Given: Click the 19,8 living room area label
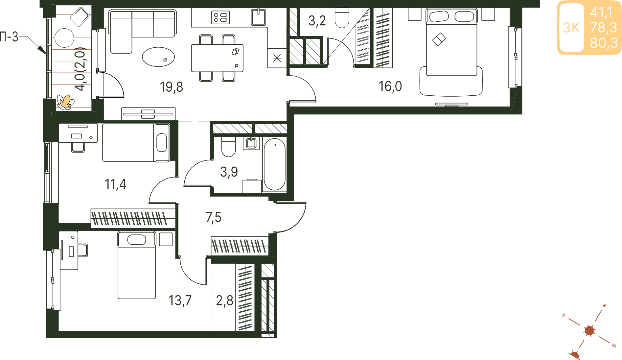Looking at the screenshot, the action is (171, 87).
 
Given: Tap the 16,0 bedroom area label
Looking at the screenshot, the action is (390, 86).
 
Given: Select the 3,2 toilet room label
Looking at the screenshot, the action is (317, 21).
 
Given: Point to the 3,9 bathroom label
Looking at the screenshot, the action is (229, 172).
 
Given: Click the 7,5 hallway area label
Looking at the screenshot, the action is (214, 217).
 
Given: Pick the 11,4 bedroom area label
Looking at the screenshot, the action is (115, 184).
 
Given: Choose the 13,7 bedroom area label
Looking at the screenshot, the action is (180, 300).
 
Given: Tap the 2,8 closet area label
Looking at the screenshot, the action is (224, 300).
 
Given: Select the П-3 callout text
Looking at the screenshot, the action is (9, 37).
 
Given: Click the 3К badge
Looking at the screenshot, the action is (571, 28).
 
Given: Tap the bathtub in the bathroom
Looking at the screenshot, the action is (274, 165).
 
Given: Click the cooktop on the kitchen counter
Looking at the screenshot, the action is (220, 17).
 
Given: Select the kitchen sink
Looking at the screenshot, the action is (259, 17).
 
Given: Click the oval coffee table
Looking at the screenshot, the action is (158, 57).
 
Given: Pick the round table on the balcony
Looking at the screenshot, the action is (64, 38).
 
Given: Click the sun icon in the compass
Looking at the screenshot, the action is (589, 330).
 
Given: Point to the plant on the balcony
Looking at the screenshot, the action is (65, 102).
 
